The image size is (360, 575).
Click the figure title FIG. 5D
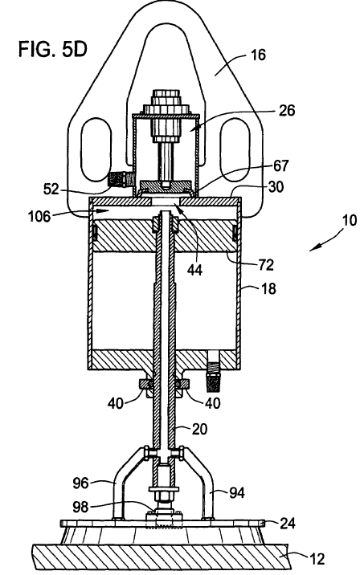(52, 49)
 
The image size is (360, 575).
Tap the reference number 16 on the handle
(258, 55)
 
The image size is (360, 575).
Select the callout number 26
(286, 110)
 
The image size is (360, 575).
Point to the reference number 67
(281, 165)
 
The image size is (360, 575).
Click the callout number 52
(51, 189)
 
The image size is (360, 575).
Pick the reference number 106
(39, 216)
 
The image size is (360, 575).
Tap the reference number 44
(194, 271)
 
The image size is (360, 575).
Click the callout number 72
(266, 265)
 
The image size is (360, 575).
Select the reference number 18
(268, 288)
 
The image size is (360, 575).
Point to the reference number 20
(199, 429)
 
